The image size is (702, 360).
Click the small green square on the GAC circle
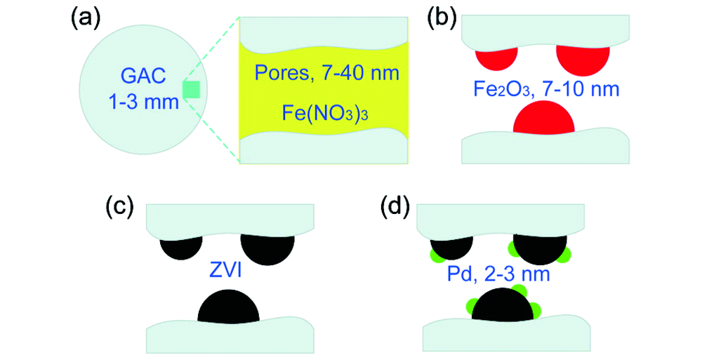pyautogui.click(x=192, y=90)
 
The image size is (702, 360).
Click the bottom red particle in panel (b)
pyautogui.click(x=543, y=119)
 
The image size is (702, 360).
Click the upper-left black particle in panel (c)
pyautogui.click(x=180, y=248)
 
